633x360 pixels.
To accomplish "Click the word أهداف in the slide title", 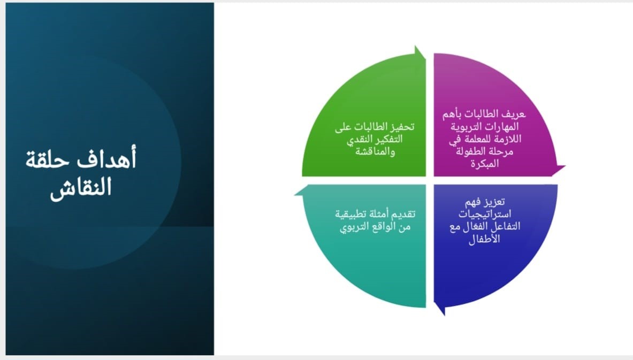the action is click(106, 159).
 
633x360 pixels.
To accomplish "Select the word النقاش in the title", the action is click(81, 188).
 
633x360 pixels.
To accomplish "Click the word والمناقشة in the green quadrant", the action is click(375, 151).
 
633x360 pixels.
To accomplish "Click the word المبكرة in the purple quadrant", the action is click(484, 164).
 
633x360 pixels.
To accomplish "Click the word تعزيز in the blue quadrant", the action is click(495, 201).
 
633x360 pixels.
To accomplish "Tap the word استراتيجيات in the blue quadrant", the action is click(484, 213).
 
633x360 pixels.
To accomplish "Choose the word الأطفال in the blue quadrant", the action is click(484, 239).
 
